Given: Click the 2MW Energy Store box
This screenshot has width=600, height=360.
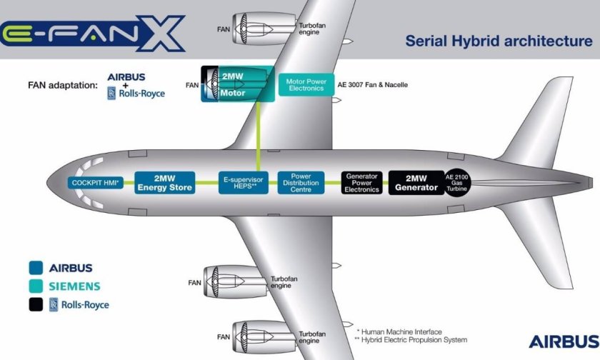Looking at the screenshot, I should click(165, 182).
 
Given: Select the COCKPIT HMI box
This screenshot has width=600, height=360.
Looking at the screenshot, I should click(96, 183).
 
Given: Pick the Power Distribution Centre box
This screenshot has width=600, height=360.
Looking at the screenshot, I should click(301, 183).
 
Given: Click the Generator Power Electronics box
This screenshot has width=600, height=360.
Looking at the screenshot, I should click(361, 183).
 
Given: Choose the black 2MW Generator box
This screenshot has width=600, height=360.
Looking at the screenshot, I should click(416, 183).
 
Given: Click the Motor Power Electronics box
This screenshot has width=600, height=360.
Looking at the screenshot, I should click(306, 85).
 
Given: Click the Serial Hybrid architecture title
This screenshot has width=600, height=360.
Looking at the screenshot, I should click(499, 40).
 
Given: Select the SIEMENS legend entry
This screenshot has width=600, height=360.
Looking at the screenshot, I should click(74, 286).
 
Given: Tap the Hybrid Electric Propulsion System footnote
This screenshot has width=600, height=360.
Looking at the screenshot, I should click(409, 340).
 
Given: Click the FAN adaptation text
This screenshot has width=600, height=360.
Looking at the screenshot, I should click(62, 85).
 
